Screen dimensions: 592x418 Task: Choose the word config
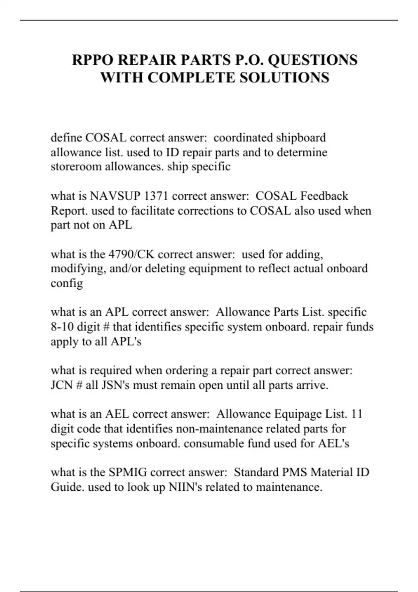pyautogui.click(x=67, y=283)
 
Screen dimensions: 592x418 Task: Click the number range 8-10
pyautogui.click(x=62, y=327)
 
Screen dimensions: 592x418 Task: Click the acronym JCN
pyautogui.click(x=61, y=385)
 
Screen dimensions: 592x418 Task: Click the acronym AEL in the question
pyautogui.click(x=117, y=414)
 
